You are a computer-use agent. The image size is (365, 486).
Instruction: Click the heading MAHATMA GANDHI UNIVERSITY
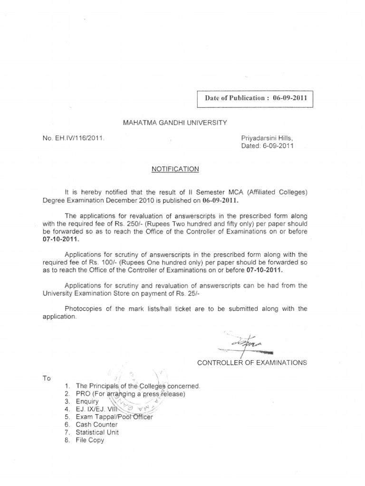click(x=175, y=123)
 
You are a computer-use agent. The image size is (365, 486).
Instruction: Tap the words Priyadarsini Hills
click(x=268, y=138)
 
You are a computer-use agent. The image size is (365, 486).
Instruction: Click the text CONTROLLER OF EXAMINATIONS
click(x=252, y=363)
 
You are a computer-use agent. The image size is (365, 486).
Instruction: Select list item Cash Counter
click(x=97, y=424)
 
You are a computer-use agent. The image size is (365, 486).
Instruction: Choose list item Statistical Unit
click(x=97, y=432)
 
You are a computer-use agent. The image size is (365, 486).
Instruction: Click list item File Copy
click(x=90, y=440)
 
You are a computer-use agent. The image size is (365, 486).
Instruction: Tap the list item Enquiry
click(x=87, y=402)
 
